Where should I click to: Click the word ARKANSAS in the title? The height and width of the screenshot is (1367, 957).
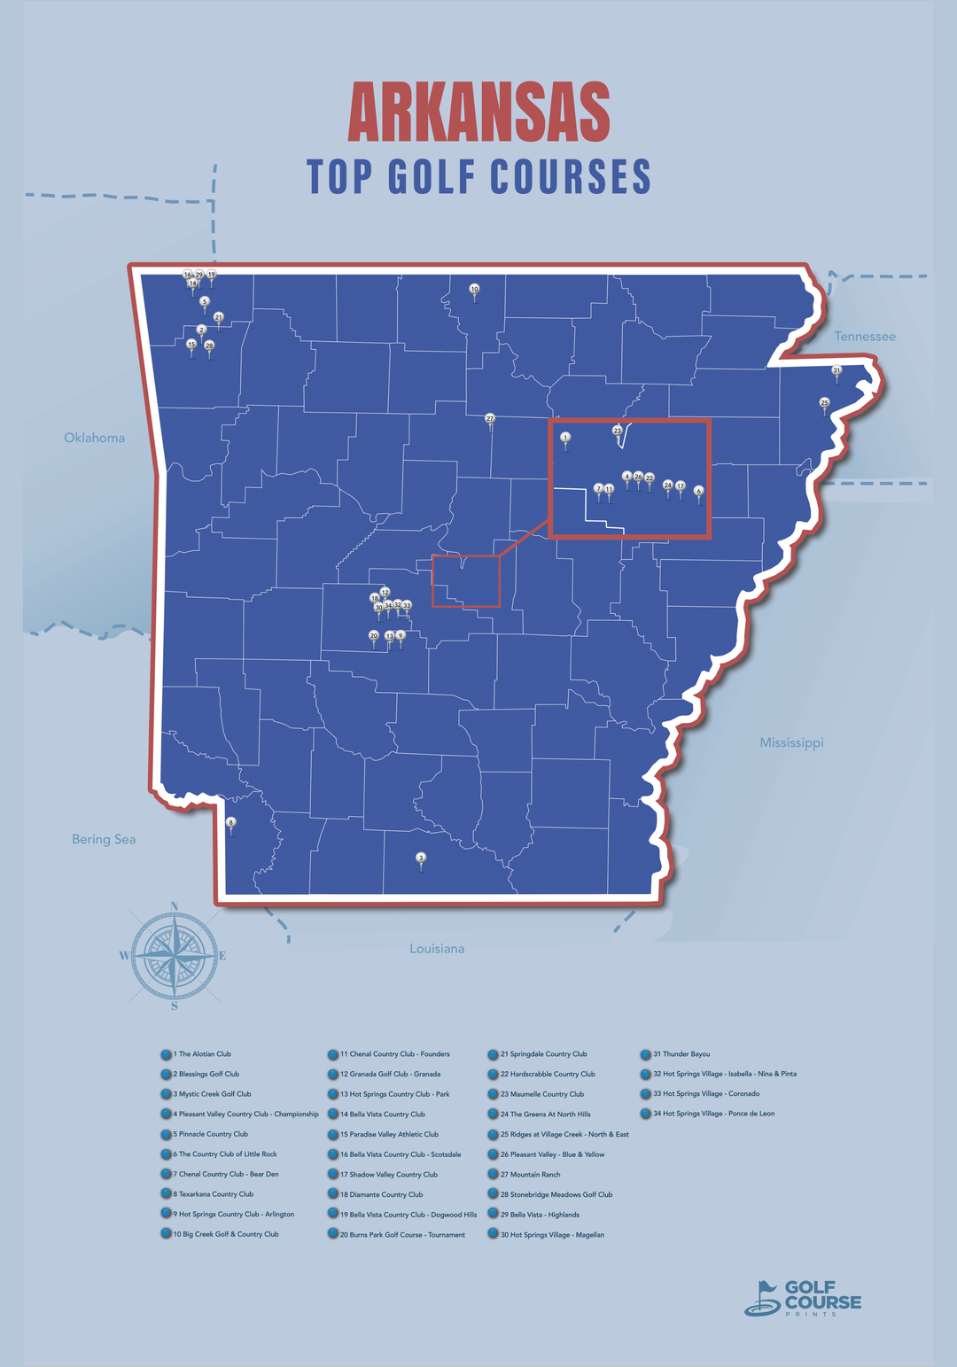479,113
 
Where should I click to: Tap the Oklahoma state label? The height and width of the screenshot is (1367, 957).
94,438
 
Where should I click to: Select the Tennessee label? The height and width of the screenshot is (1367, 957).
864,337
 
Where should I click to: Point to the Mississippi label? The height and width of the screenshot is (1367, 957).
791,742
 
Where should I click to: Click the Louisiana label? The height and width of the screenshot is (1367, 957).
437,949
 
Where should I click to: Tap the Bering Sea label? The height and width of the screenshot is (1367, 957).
104,839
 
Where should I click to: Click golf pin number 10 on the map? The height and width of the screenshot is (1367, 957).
474,290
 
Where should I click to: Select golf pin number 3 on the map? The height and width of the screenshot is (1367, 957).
421,858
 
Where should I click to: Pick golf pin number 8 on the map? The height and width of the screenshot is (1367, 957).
231,823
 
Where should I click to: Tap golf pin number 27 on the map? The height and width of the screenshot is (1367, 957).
490,418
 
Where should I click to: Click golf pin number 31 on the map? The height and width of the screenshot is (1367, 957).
836,370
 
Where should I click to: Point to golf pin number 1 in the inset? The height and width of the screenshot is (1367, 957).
565,438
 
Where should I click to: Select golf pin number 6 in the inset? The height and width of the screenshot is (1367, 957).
698,491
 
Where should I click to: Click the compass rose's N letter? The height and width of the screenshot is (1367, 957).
175,905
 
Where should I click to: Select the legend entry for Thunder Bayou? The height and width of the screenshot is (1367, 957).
681,1054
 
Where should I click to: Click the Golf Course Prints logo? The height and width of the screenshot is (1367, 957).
803,1298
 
